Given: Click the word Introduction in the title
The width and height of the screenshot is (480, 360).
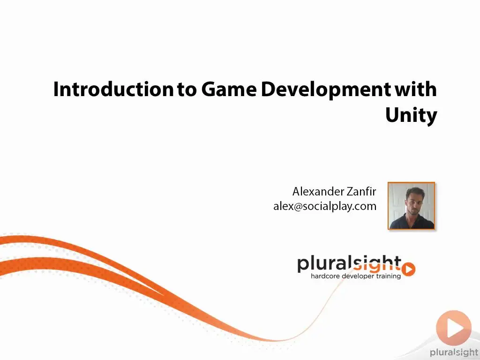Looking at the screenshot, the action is click(x=113, y=89).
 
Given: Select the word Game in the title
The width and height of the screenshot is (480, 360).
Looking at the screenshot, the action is click(x=229, y=89).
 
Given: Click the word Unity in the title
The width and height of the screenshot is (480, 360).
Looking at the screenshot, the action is click(x=411, y=116).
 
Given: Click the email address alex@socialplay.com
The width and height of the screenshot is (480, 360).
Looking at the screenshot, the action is click(x=325, y=206).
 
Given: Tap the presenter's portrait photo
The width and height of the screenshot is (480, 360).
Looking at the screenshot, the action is click(x=411, y=206).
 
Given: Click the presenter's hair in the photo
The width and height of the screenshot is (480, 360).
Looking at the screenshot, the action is click(x=415, y=192).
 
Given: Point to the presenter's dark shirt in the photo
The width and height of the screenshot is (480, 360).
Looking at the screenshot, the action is click(x=412, y=222).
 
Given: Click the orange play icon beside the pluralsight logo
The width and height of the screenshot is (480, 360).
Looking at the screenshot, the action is click(x=408, y=269).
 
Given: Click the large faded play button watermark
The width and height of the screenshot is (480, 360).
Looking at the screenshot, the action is click(x=454, y=328).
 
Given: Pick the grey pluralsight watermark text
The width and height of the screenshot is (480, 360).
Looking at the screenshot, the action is click(x=454, y=352).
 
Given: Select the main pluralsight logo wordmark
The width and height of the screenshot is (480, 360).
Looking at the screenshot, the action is click(x=349, y=264).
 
